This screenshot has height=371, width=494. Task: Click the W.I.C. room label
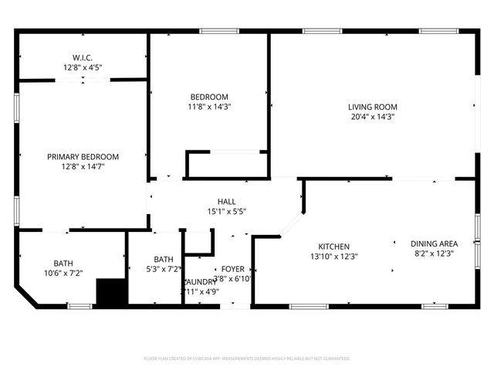pos(83,57)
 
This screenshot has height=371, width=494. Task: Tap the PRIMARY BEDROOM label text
pos(83,156)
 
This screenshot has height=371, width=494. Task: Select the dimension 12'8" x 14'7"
pos(83,166)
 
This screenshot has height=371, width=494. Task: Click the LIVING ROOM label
pos(372,107)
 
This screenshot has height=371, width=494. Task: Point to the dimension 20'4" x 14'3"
pos(372,117)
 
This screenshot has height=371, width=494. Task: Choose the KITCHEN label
pos(333,246)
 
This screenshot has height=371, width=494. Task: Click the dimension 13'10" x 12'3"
pos(333,256)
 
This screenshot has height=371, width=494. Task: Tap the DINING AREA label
pos(433,243)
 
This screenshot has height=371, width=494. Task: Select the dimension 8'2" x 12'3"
pos(433,253)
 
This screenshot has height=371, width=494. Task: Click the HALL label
pos(226,201)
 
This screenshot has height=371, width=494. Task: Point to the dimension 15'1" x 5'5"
pos(226,211)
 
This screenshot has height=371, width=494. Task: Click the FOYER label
pos(232,269)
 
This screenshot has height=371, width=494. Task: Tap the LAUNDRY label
pos(201,281)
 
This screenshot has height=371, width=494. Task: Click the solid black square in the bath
pos(110,292)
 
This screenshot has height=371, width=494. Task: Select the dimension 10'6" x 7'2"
pos(63,272)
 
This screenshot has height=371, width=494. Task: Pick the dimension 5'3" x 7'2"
pos(163,269)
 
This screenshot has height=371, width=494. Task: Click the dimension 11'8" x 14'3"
pos(210,107)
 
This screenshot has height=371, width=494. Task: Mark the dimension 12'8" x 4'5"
pos(83,67)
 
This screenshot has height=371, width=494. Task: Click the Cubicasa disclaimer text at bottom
pos(247,359)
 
